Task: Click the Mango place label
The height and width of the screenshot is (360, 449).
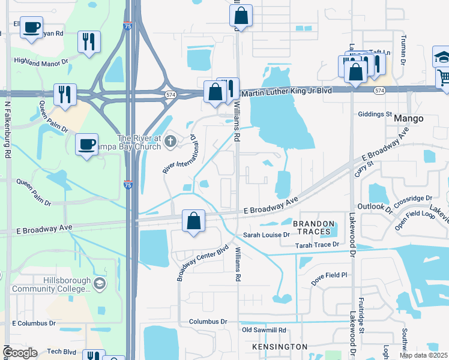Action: (x=409, y=119)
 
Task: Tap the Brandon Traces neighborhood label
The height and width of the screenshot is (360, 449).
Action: (x=312, y=227)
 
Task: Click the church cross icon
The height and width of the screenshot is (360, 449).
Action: (x=170, y=142)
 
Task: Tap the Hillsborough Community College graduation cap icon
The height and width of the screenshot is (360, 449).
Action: (x=100, y=283)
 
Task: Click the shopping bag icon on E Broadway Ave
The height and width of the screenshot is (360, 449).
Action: (x=194, y=221)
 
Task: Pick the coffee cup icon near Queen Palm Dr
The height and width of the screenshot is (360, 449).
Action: (x=87, y=144)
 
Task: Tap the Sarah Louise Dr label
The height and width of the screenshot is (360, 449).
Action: (x=266, y=235)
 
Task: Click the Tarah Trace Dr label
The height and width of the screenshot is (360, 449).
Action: (x=318, y=245)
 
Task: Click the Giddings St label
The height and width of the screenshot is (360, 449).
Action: (x=375, y=114)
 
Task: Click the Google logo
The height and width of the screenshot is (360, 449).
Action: (x=19, y=353)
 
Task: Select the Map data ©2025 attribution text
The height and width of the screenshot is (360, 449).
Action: (x=423, y=355)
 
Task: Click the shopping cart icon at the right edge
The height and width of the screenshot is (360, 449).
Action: (x=443, y=77)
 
